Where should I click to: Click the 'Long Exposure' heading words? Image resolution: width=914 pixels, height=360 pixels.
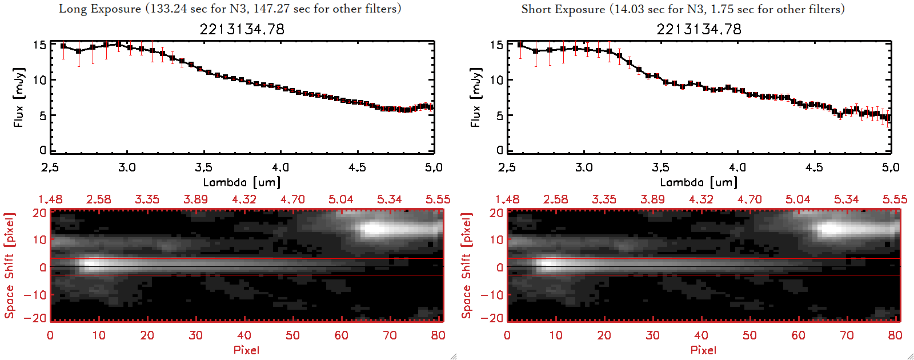pyautogui.click(x=100, y=9)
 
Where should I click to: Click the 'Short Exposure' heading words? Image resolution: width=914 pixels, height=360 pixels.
pyautogui.click(x=563, y=9)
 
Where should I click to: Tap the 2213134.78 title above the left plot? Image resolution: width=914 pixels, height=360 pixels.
pyautogui.click(x=242, y=29)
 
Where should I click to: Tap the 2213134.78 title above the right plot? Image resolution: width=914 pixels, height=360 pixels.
pyautogui.click(x=699, y=29)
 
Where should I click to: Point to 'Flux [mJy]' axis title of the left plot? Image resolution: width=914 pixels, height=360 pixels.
pyautogui.click(x=19, y=97)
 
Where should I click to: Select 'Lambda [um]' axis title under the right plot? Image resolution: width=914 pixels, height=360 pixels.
pyautogui.click(x=699, y=182)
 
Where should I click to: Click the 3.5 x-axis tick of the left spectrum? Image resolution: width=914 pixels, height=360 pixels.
pyautogui.click(x=203, y=167)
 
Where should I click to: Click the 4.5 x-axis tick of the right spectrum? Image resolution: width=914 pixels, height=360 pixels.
pyautogui.click(x=814, y=167)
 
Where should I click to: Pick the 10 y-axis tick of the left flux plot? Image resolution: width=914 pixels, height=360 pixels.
pyautogui.click(x=39, y=80)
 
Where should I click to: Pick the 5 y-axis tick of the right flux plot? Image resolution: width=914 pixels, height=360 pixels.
pyautogui.click(x=500, y=115)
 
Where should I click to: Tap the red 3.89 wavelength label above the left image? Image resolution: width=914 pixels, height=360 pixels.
pyautogui.click(x=195, y=199)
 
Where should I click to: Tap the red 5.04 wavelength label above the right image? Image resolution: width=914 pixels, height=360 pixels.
pyautogui.click(x=797, y=199)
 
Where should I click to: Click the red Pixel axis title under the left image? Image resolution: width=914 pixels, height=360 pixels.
pyautogui.click(x=246, y=350)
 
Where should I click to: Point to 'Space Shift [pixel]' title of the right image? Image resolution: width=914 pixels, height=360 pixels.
pyautogui.click(x=467, y=266)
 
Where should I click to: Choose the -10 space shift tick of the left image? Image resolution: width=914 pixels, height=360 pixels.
pyautogui.click(x=35, y=295)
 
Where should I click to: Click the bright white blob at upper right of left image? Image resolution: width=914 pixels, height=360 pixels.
pyautogui.click(x=377, y=229)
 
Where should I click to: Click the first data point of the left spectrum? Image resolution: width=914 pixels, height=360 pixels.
pyautogui.click(x=63, y=46)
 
